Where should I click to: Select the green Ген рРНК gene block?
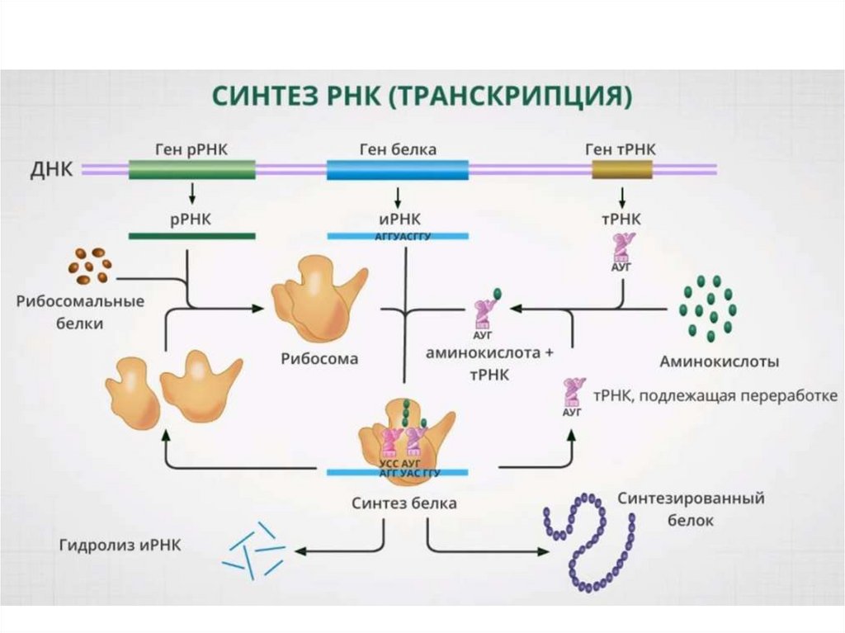point(191,170)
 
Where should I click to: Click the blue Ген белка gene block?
point(398,170)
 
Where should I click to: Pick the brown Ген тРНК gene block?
point(622,170)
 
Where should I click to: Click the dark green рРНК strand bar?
point(191,236)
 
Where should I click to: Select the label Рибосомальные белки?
point(80,312)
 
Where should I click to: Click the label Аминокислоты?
point(720,361)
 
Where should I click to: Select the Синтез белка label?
point(404,503)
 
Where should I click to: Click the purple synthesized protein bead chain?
point(589,541)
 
